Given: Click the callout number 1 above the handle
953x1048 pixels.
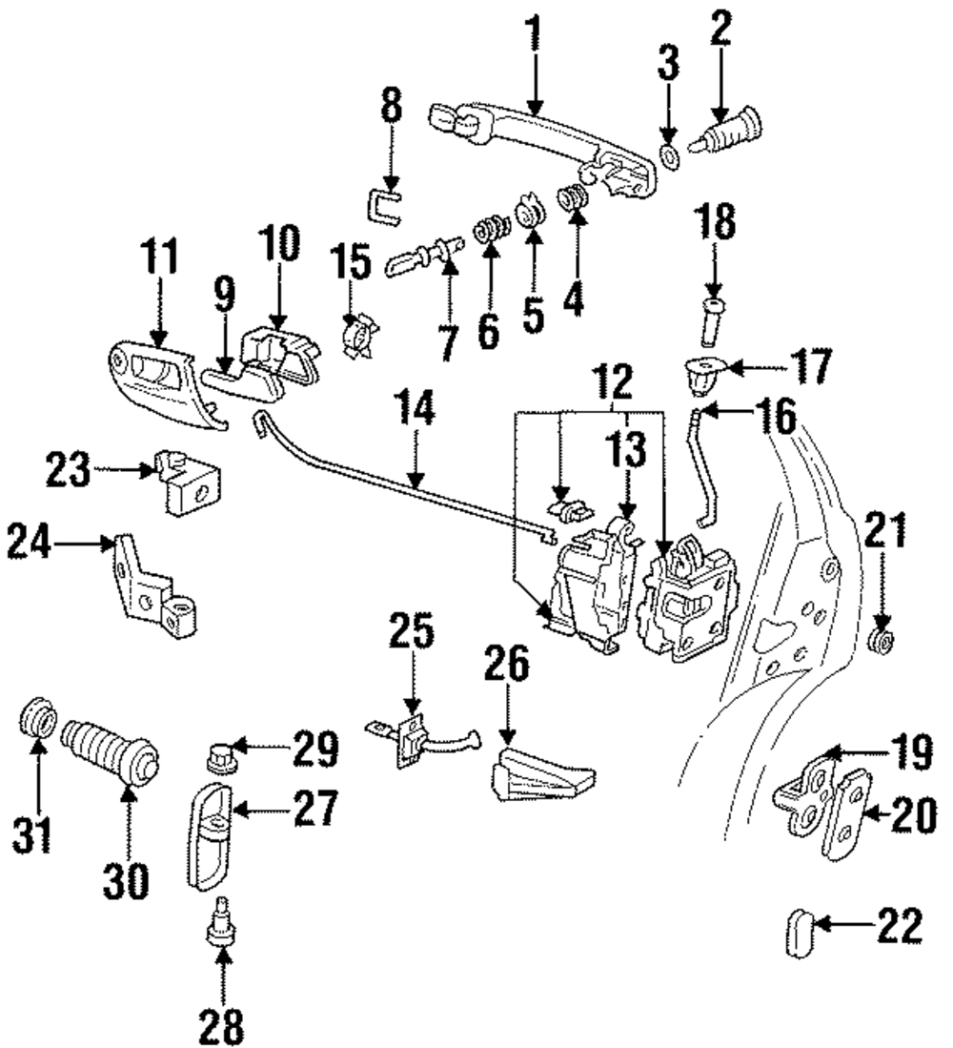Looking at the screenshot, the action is click(534, 33).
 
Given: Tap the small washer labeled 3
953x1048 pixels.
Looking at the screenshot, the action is click(668, 157).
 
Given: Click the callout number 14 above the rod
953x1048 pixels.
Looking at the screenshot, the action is click(415, 408).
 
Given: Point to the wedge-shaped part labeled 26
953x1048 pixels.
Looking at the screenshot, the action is click(542, 773).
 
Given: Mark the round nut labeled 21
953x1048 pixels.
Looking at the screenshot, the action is click(884, 641).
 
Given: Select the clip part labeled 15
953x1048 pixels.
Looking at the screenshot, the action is click(360, 335).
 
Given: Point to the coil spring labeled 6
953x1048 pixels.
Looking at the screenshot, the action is click(490, 232).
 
